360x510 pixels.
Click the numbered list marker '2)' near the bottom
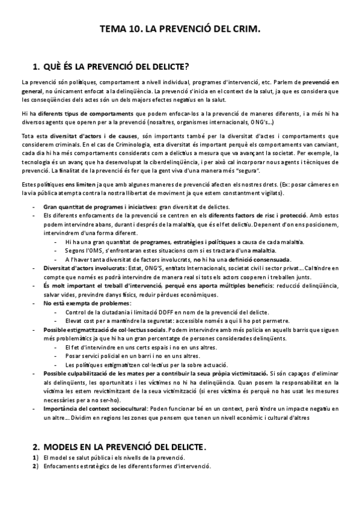35,467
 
